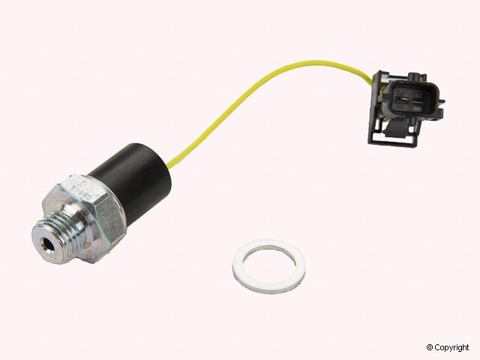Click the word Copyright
[453, 347]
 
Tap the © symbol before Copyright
[429, 347]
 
